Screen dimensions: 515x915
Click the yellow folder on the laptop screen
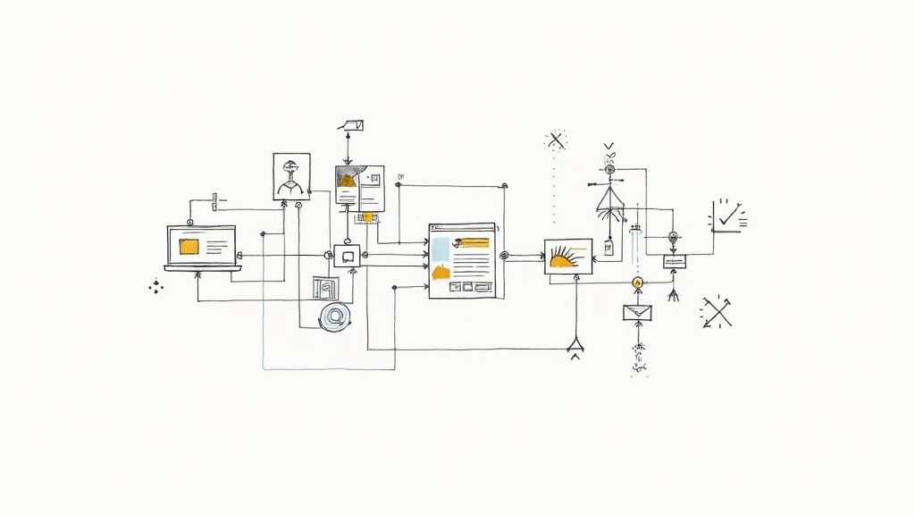click(x=189, y=247)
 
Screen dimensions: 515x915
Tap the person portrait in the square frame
click(x=291, y=176)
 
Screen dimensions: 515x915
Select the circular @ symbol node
click(x=335, y=315)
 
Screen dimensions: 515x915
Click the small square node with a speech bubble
click(x=346, y=256)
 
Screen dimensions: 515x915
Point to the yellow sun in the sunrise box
click(x=564, y=260)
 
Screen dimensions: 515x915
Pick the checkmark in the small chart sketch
click(x=729, y=215)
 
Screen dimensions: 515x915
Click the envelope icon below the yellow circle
click(x=637, y=313)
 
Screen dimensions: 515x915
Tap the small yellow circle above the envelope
click(x=637, y=283)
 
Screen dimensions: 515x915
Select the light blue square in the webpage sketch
click(x=441, y=249)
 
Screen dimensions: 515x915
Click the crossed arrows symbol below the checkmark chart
click(x=717, y=311)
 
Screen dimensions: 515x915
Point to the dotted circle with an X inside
click(x=557, y=139)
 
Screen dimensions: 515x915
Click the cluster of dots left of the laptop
click(x=157, y=286)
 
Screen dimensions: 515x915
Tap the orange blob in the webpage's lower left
click(x=441, y=272)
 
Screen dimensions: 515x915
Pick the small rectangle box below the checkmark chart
click(x=674, y=262)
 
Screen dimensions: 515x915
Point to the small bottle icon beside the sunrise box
click(x=609, y=247)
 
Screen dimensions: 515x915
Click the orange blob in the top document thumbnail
click(x=347, y=180)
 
